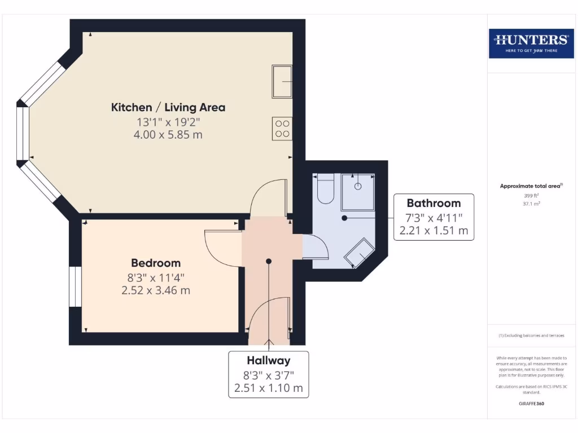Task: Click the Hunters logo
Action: (x=531, y=43)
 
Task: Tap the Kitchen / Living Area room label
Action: (x=168, y=107)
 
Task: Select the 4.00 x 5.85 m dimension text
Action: (x=168, y=135)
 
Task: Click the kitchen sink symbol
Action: (x=282, y=81)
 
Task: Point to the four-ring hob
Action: (x=282, y=129)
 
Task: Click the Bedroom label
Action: (x=156, y=263)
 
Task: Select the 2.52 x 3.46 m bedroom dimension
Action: (x=156, y=291)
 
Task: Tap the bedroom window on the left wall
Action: (x=75, y=286)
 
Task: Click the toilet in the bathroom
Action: (x=325, y=189)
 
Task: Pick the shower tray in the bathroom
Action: (x=358, y=191)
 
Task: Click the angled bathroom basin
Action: (x=360, y=253)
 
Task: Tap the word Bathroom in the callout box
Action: (x=433, y=203)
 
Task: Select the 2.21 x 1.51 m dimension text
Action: (x=433, y=231)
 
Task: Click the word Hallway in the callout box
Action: (x=269, y=360)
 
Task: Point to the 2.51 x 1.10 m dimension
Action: (x=269, y=388)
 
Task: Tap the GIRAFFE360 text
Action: (x=531, y=404)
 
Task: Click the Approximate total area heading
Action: (x=531, y=186)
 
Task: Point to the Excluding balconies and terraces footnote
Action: (x=531, y=335)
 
